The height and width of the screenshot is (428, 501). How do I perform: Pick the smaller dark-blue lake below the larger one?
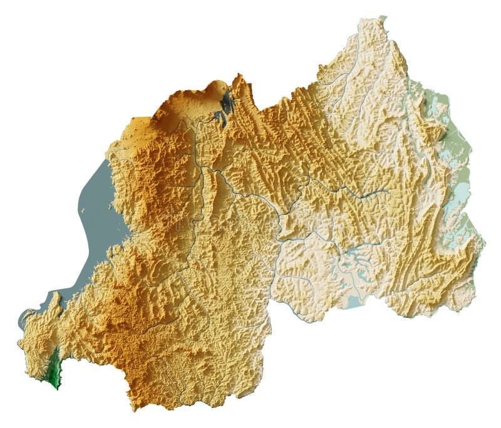pyautogui.click(x=219, y=117)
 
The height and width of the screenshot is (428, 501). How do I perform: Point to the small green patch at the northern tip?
pyautogui.click(x=383, y=19)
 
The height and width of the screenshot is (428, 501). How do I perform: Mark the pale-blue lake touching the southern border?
pyautogui.click(x=354, y=301)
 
